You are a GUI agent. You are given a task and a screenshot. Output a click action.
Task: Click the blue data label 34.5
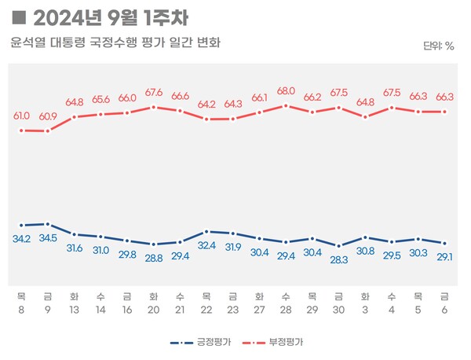click(48, 237)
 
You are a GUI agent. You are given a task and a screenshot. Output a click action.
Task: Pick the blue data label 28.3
click(339, 260)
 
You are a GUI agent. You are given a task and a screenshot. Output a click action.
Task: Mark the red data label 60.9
click(48, 116)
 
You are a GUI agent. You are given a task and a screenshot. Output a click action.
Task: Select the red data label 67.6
click(154, 93)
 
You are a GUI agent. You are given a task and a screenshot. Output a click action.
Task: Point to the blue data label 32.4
click(206, 245)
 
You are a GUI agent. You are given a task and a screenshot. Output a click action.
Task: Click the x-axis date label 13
click(74, 310)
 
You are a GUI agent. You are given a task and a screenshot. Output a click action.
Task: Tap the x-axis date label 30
click(339, 310)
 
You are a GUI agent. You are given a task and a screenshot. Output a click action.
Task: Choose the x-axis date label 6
click(445, 310)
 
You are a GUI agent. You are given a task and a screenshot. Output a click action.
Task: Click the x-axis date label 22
click(206, 310)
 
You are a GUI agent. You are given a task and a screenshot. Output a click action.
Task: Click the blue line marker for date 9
click(48, 224)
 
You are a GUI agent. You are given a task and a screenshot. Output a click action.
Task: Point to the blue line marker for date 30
click(339, 246)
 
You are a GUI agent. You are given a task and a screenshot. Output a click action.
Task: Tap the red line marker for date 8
click(21, 130)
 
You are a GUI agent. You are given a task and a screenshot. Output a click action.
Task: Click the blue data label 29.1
click(445, 257)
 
